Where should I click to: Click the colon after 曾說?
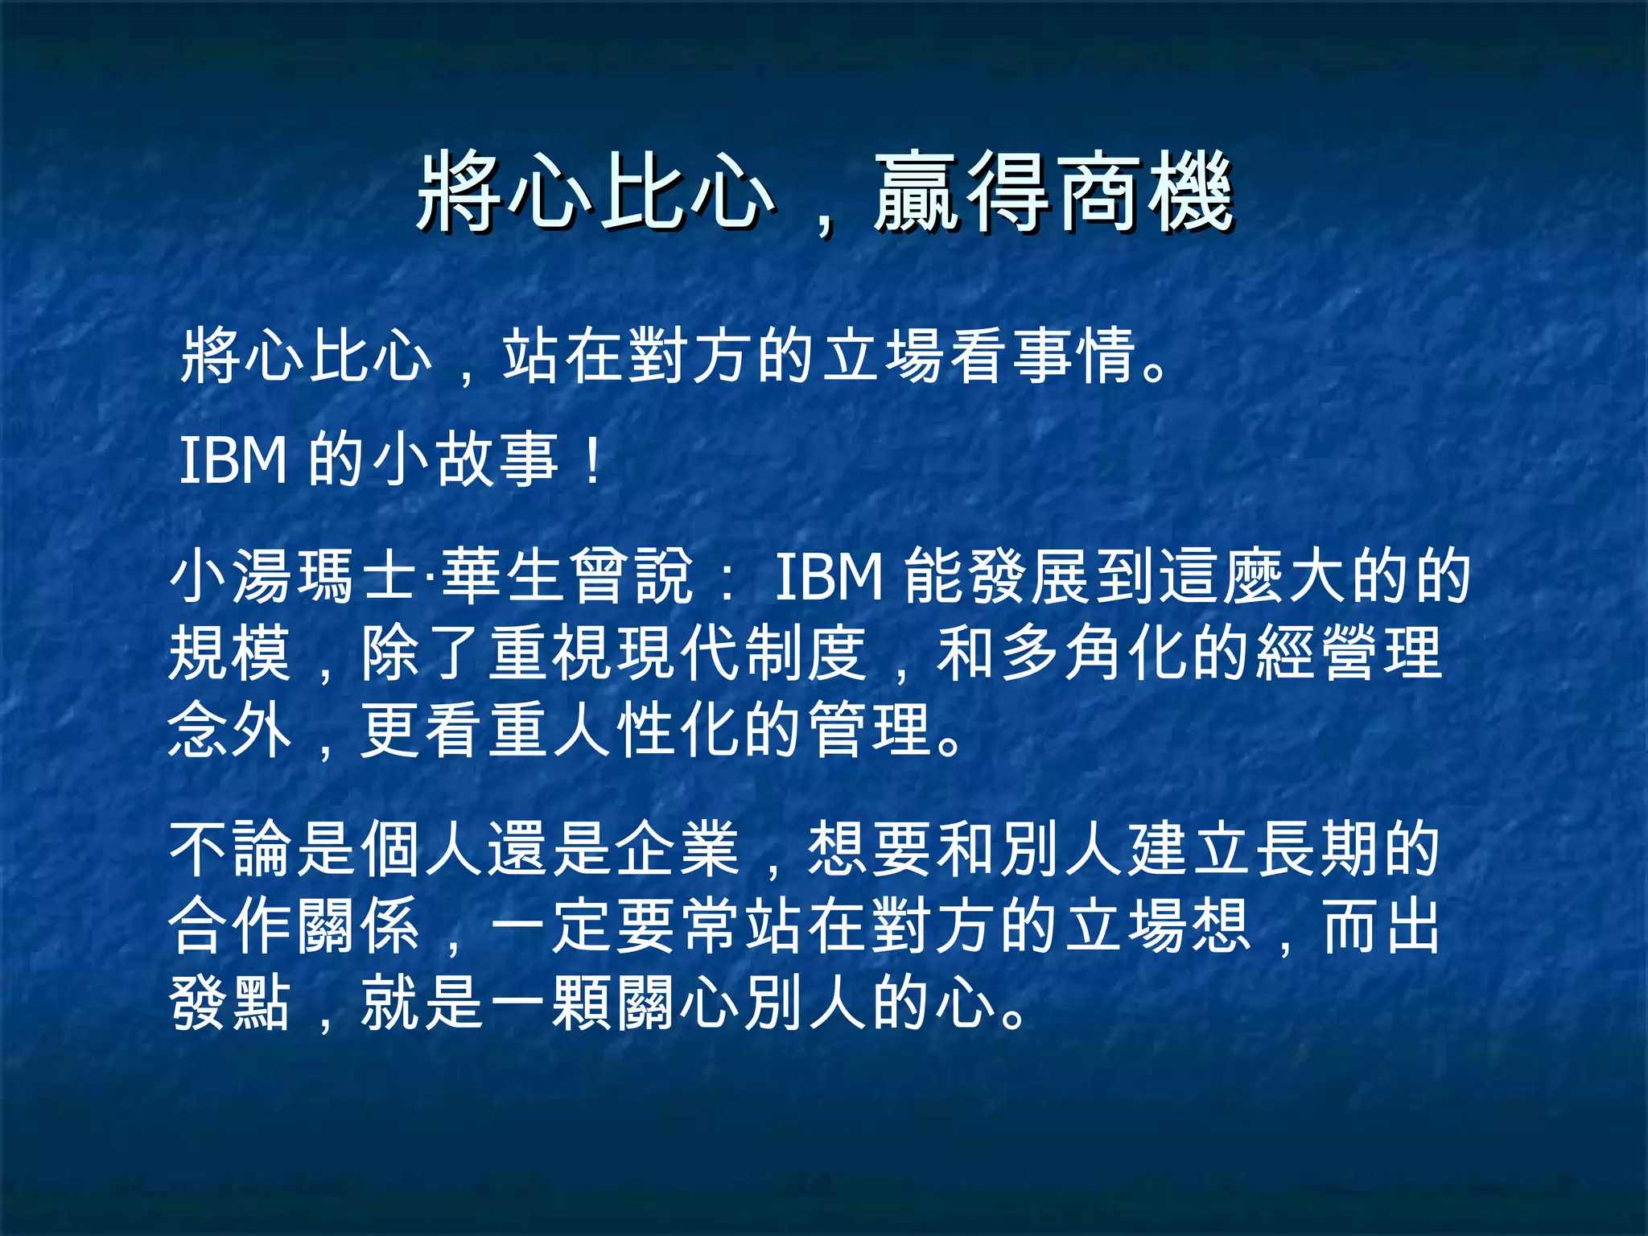pyautogui.click(x=727, y=578)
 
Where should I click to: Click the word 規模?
pyautogui.click(x=230, y=653)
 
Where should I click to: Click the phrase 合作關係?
pyautogui.click(x=295, y=925)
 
